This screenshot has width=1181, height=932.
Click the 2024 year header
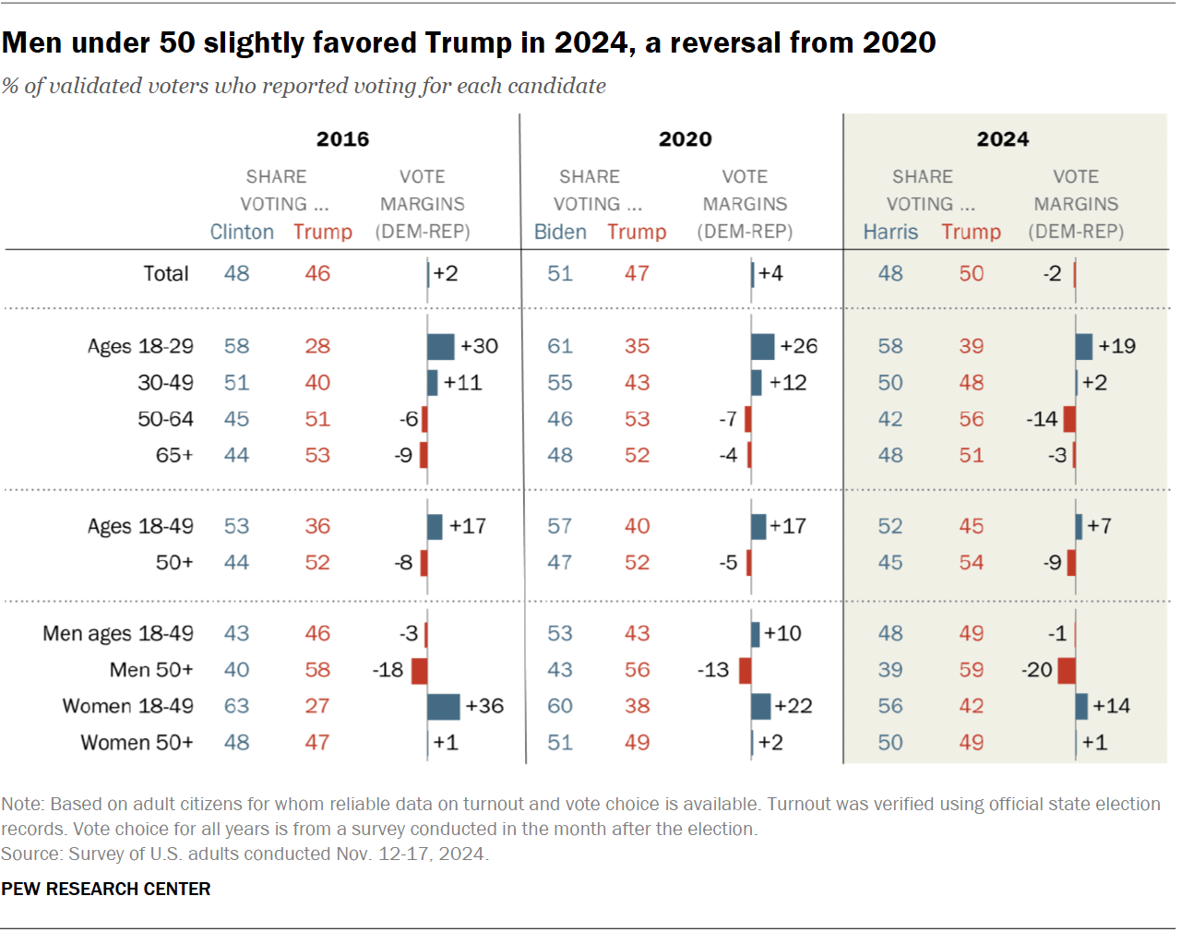point(1002,139)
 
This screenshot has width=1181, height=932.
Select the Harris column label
point(890,232)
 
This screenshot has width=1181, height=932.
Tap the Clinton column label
point(242,232)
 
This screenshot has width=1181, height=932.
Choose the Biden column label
point(560,232)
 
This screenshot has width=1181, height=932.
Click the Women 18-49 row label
point(127,706)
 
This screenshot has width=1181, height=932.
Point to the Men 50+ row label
point(151,670)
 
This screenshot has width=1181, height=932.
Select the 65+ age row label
point(174,455)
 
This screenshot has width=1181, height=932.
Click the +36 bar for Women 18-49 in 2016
point(444,706)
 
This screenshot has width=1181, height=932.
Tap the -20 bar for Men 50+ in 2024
point(1067,670)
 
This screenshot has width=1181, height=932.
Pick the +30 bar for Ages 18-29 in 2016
point(441,346)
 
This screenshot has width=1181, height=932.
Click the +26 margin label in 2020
point(798,346)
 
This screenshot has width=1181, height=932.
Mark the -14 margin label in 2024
point(1042,419)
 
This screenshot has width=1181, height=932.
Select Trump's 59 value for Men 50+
point(971,670)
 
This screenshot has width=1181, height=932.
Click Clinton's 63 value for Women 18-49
point(236,706)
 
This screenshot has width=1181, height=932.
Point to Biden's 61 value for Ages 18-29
point(560,346)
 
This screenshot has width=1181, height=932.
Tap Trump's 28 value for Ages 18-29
point(317,346)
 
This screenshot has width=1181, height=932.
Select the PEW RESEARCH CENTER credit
point(106,889)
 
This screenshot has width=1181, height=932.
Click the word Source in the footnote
point(30,854)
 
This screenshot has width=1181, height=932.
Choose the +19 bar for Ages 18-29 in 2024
point(1084,346)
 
